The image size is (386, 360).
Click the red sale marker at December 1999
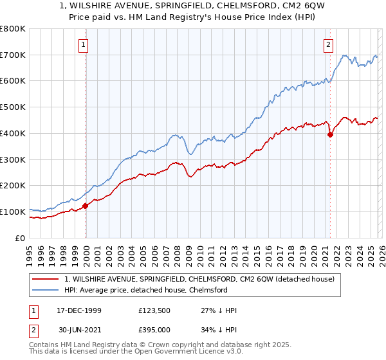(85, 206)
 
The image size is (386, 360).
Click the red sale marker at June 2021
(330, 134)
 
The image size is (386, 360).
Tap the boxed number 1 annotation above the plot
(84, 44)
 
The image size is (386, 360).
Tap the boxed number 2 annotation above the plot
(329, 44)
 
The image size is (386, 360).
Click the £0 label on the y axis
(20, 238)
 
